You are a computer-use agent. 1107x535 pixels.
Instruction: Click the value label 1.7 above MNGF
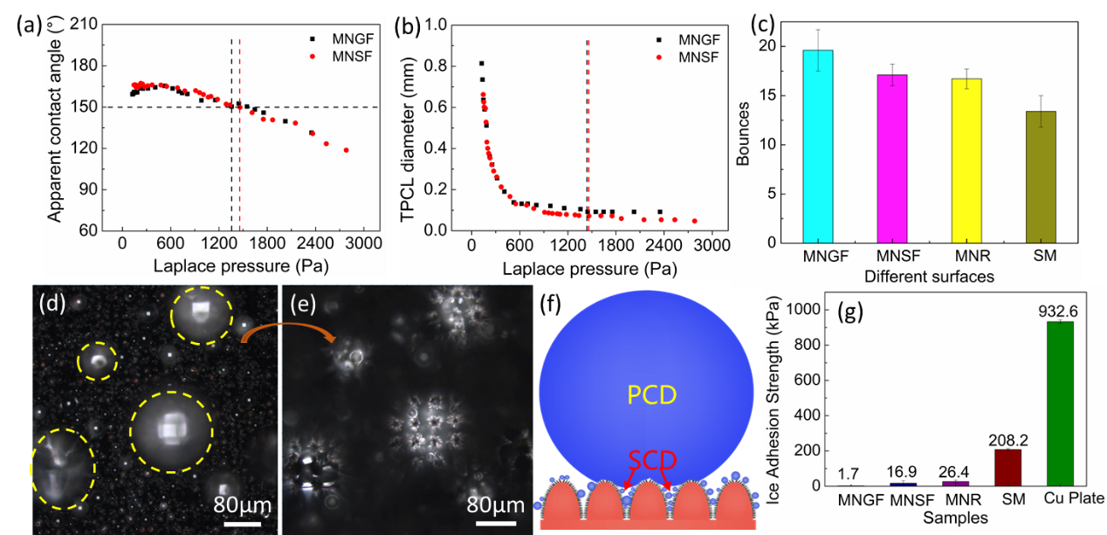(x=847, y=475)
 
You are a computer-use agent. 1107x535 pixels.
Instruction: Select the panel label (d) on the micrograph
(x=50, y=305)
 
